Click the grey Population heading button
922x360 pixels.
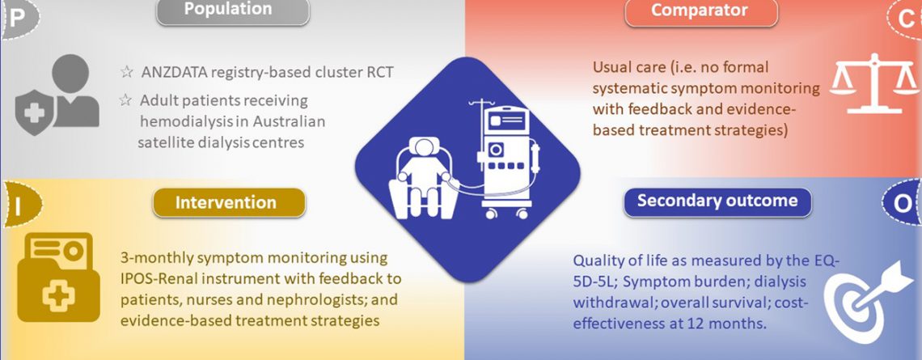point(233,11)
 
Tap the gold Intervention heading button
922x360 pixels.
point(230,203)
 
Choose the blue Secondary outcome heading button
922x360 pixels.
point(717,201)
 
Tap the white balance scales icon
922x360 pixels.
point(874,83)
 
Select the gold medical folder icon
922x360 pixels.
point(55,277)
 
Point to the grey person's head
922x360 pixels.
point(70,74)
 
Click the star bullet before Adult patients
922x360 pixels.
point(125,100)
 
